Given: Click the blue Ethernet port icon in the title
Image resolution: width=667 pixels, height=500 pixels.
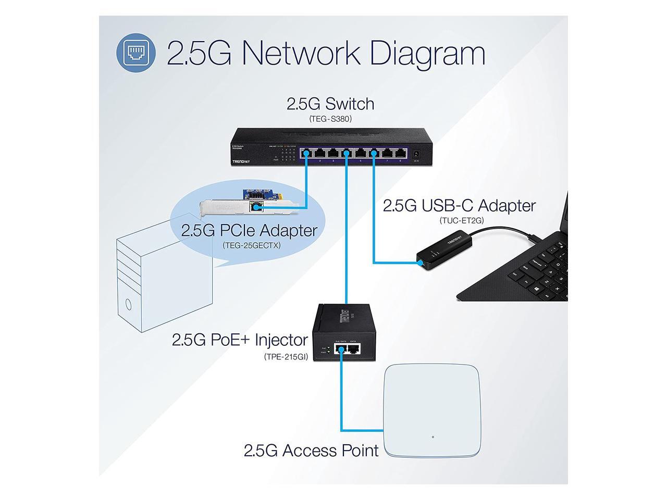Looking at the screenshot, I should click(135, 52).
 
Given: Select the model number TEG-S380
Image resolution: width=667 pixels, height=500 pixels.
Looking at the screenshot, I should click(330, 119).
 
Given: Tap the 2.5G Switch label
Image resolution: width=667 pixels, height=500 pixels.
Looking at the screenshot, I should click(330, 104).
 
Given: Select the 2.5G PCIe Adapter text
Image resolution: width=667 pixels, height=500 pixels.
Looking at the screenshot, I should click(249, 230).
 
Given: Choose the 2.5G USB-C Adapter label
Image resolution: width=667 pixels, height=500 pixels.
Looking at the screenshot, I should click(459, 205).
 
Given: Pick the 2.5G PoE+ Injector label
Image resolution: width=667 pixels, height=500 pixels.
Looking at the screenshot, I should click(240, 340).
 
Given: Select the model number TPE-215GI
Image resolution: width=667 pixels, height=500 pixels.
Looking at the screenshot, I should click(286, 357).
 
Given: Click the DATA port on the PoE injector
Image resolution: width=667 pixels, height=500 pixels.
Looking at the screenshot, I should click(353, 349).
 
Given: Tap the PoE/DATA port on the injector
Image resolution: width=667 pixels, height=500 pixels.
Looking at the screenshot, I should click(341, 349).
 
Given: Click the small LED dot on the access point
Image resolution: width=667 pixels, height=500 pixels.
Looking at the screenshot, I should click(433, 436).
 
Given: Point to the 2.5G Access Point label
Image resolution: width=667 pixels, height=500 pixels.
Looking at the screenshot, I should click(311, 450).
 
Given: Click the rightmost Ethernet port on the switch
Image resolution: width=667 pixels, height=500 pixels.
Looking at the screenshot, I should click(400, 154).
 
